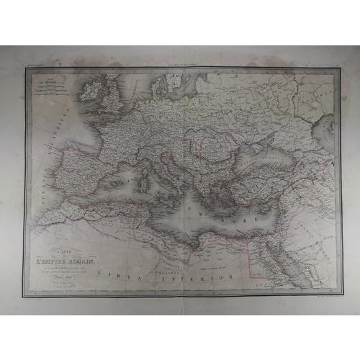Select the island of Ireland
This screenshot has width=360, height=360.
(x=93, y=90)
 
